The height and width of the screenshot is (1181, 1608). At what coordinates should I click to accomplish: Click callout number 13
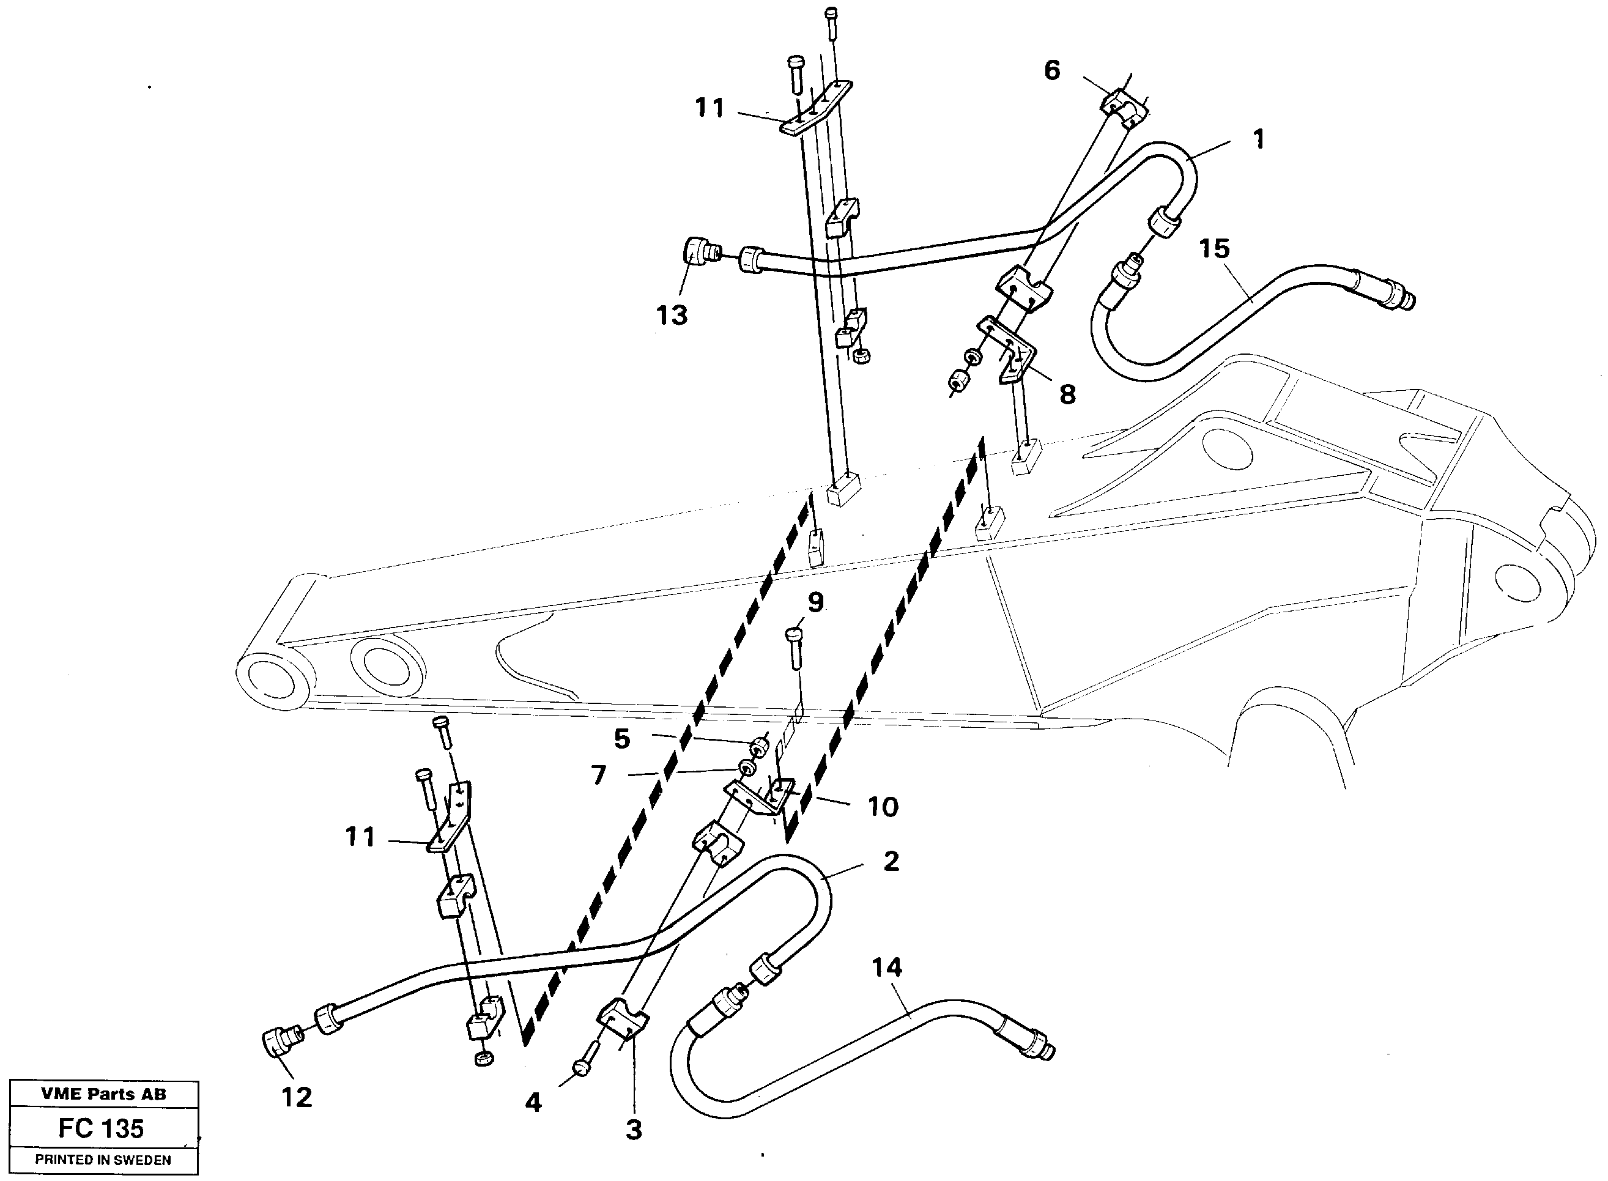[x=672, y=314]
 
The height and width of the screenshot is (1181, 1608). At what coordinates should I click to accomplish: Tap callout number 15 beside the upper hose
[x=1214, y=249]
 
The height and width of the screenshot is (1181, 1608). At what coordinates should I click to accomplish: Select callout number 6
[x=1052, y=70]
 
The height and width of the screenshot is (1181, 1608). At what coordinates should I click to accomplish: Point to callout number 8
[x=1067, y=393]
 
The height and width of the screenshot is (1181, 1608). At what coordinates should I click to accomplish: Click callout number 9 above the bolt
[x=815, y=602]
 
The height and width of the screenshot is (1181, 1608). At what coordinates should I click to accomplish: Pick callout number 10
[x=883, y=807]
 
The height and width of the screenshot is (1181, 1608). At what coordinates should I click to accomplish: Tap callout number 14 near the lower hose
[x=887, y=968]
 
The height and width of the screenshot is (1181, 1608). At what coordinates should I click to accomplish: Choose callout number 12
[x=296, y=1097]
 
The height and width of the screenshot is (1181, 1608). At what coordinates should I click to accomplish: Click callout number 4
[x=533, y=1102]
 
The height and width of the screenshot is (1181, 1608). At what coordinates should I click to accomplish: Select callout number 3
[x=634, y=1130]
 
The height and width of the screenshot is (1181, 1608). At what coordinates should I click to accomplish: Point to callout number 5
[x=622, y=738]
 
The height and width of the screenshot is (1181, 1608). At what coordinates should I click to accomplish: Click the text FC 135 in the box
[x=102, y=1128]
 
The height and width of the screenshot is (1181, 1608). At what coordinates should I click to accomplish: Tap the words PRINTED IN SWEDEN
[x=103, y=1160]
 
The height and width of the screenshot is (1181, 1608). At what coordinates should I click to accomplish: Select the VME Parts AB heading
[x=103, y=1094]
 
